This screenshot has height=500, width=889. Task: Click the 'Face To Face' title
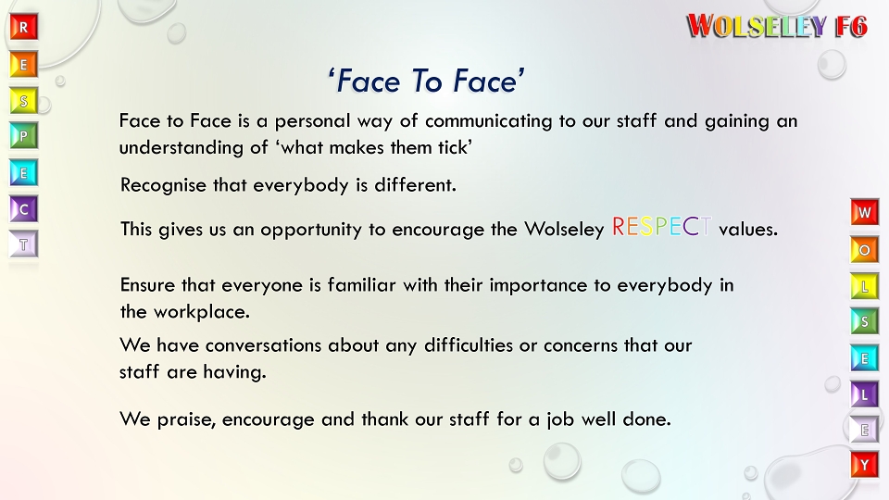(426, 81)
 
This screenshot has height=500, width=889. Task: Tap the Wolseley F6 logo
(777, 26)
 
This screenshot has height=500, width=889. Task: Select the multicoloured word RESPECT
(661, 227)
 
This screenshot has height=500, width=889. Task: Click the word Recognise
(163, 186)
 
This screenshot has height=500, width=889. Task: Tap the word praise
(186, 420)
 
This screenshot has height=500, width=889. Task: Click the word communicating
(488, 122)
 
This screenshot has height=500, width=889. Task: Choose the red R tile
(24, 27)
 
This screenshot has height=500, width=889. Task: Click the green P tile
(24, 136)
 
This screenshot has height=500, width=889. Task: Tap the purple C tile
(24, 209)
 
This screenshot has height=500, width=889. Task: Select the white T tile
(24, 244)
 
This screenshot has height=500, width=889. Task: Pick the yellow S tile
(24, 101)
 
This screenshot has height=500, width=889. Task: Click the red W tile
(865, 212)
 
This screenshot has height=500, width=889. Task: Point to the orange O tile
(865, 249)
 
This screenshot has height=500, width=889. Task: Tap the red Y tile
(865, 466)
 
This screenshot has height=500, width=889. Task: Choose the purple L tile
(865, 394)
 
